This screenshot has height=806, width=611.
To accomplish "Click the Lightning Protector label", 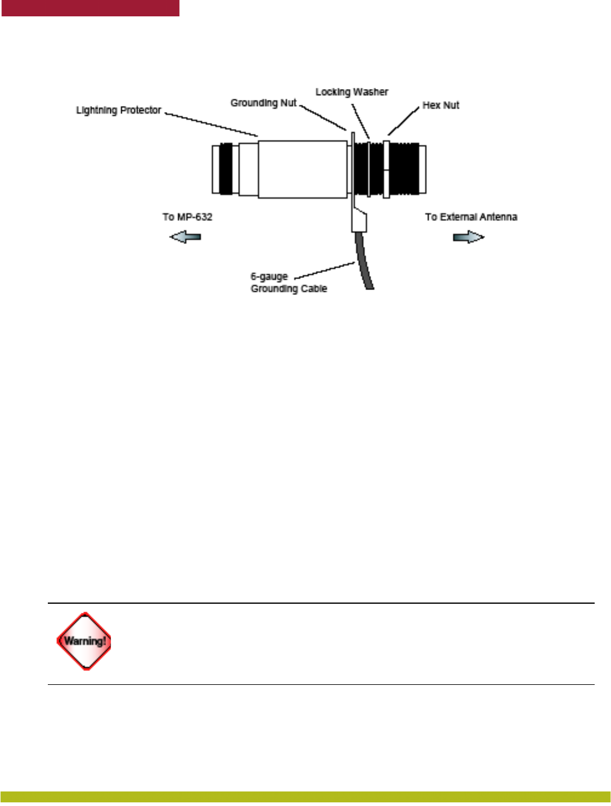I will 119,110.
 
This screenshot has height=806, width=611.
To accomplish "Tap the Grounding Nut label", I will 263,103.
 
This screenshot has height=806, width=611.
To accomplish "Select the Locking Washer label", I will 352,92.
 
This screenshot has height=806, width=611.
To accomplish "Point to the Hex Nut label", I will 441,105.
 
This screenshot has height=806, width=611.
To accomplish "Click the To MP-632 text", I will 187,217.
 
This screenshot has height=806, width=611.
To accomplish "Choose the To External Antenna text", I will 471,217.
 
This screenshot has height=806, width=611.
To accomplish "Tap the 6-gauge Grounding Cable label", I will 288,283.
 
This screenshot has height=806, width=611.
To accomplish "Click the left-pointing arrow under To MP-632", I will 185,237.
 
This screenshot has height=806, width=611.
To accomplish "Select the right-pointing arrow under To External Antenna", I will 469,237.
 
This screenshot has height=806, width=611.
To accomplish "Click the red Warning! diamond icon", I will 84,641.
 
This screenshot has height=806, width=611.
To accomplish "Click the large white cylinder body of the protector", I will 303,169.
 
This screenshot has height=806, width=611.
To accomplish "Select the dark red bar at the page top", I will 90,7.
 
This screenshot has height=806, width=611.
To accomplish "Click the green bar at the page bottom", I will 305,796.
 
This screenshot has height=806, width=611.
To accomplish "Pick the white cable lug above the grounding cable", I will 359,220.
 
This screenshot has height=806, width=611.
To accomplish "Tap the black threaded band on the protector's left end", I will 226,169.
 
